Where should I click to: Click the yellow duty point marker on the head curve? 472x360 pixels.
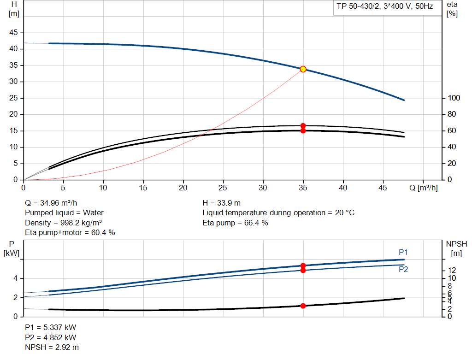tap(303, 69)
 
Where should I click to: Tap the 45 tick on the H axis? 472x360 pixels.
tap(14, 33)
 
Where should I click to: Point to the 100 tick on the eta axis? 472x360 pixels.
tap(454, 98)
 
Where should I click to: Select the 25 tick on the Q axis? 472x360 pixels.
tap(224, 188)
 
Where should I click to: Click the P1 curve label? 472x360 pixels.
tap(403, 252)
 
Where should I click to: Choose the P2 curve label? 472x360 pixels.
tap(403, 269)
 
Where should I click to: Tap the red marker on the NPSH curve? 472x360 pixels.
tap(303, 306)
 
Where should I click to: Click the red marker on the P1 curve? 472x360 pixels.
tap(303, 266)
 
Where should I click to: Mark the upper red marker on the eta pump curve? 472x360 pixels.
tap(303, 126)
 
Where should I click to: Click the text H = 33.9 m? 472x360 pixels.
tap(222, 203)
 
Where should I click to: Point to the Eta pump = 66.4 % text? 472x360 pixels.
tap(235, 223)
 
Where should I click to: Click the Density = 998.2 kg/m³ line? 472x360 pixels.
tap(63, 223)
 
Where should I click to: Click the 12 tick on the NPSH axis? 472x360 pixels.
tap(452, 270)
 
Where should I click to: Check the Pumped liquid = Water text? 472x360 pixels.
tap(64, 213)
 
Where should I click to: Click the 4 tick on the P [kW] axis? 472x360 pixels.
tap(16, 278)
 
